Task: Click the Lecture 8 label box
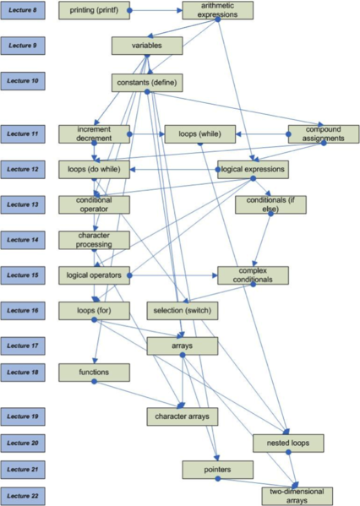[23, 10]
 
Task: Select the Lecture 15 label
[23, 275]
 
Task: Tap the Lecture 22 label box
[23, 496]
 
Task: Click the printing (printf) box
[95, 10]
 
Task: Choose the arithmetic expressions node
[218, 10]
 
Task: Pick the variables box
[147, 46]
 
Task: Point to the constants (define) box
[147, 83]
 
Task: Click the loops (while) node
[200, 134]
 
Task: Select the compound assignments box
[324, 134]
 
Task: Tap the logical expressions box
[254, 170]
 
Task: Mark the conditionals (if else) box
[270, 204]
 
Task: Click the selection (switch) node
[183, 311]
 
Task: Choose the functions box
[95, 373]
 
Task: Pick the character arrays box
[183, 416]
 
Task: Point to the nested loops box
[288, 443]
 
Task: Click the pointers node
[218, 470]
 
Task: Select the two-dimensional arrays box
[297, 496]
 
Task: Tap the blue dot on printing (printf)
[129, 10]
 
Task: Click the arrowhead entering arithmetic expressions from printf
[180, 10]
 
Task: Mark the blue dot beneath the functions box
[95, 382]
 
